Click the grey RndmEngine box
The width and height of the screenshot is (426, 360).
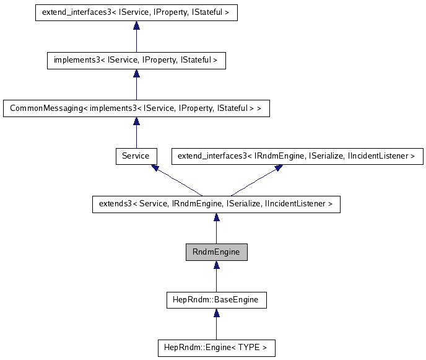click(216, 252)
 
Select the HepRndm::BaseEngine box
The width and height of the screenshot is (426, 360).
click(216, 301)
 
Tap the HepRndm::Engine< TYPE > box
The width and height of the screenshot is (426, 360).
click(216, 348)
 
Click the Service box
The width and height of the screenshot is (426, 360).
click(136, 156)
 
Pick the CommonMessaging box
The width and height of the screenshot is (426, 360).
click(136, 108)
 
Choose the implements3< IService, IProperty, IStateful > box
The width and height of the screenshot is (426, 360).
click(136, 61)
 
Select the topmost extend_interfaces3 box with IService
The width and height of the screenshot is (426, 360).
click(136, 12)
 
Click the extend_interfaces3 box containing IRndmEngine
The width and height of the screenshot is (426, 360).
click(296, 156)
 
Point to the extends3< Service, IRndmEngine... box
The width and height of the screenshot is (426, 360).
click(216, 204)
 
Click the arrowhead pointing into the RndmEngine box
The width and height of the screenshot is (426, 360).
click(216, 265)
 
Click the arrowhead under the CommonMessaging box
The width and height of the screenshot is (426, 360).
click(136, 121)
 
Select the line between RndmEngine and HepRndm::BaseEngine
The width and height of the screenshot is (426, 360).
click(216, 282)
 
